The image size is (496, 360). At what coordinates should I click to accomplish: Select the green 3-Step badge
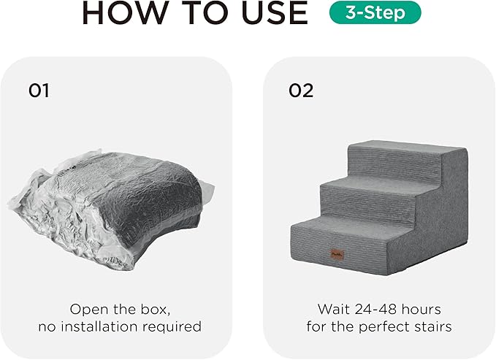375,13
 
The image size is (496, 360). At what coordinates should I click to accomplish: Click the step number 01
39,91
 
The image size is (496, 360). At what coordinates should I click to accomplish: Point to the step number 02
301,91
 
